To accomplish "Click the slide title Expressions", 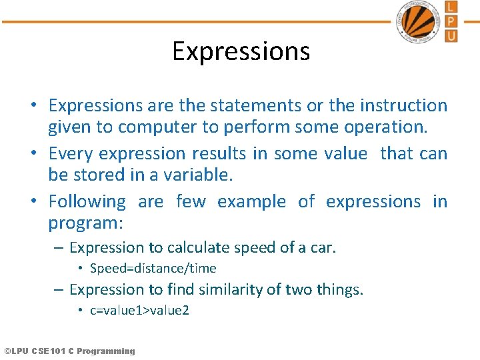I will click(x=241, y=51).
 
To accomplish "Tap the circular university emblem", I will click(x=419, y=22).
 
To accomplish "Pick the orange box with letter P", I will click(x=451, y=21).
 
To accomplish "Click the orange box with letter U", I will click(x=451, y=35).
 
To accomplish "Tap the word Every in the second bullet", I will click(x=71, y=153).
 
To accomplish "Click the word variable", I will click(x=199, y=175).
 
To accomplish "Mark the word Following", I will click(x=87, y=201).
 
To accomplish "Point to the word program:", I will click(x=91, y=223).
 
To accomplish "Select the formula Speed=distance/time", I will click(x=153, y=269).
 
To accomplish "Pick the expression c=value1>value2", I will click(x=139, y=311).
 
